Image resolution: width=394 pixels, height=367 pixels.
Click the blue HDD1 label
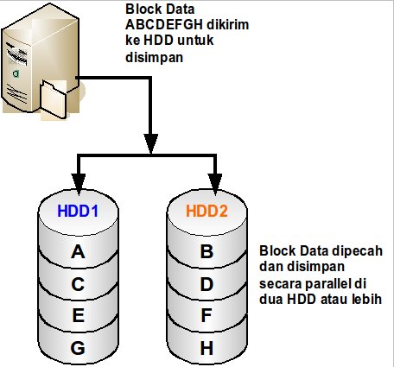click(78, 211)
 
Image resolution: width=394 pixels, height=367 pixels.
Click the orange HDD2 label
click(207, 211)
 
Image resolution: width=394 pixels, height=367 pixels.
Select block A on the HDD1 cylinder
click(78, 252)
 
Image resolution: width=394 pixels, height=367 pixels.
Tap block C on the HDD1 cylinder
click(78, 284)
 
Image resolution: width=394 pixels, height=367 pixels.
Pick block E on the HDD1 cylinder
click(79, 315)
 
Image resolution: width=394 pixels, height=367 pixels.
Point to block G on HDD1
click(78, 348)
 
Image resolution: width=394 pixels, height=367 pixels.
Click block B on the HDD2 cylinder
click(207, 252)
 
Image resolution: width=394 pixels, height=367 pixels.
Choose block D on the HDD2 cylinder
click(207, 284)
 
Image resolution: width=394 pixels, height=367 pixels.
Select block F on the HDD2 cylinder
click(207, 315)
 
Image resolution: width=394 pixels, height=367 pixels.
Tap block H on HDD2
click(207, 348)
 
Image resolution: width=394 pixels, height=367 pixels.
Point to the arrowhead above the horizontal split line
click(150, 143)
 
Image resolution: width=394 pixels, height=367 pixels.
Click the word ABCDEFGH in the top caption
click(164, 25)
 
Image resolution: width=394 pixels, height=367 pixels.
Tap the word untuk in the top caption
click(195, 41)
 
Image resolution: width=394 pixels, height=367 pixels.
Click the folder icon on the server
click(54, 99)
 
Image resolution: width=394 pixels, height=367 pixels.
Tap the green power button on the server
click(16, 73)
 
